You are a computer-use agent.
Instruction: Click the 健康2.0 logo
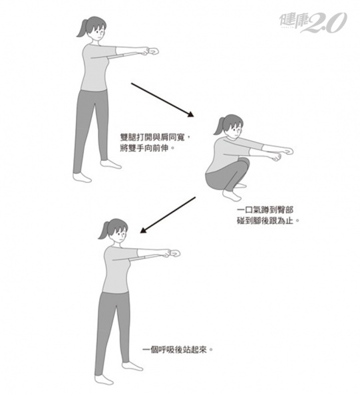pyautogui.click(x=313, y=23)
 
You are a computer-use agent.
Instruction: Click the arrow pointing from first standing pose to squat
pyautogui.click(x=162, y=100)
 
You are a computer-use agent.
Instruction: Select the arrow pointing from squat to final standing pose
pyautogui.click(x=168, y=215)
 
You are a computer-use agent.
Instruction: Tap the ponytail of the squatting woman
pyautogui.click(x=219, y=126)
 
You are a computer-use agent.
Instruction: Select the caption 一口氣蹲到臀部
pyautogui.click(x=266, y=210)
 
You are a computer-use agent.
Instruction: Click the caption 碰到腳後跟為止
pyautogui.click(x=268, y=221)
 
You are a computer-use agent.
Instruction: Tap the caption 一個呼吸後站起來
pyautogui.click(x=178, y=350)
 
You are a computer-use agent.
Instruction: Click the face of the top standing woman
pyautogui.click(x=98, y=33)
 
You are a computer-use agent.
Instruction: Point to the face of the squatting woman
pyautogui.click(x=236, y=130)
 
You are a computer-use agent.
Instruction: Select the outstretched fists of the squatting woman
pyautogui.click(x=283, y=154)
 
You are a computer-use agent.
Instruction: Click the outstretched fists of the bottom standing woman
pyautogui.click(x=172, y=253)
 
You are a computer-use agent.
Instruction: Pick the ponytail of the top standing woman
pyautogui.click(x=83, y=29)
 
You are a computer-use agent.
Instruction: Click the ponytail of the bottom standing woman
pyautogui.click(x=104, y=230)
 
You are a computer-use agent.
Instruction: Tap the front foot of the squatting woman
pyautogui.click(x=232, y=196)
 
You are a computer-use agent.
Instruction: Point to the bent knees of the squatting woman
pyautogui.click(x=244, y=163)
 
